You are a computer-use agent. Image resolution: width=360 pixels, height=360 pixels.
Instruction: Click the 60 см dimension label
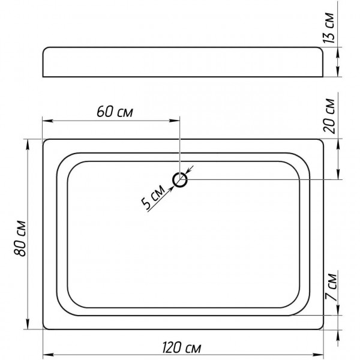click(115, 112)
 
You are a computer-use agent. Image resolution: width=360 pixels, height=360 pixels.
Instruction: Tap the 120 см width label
click(181, 347)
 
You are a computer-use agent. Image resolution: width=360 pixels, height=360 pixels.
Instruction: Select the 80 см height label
click(20, 238)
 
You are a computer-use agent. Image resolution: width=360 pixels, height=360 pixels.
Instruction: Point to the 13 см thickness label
click(329, 28)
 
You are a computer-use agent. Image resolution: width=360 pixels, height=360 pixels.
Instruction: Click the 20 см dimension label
click(329, 116)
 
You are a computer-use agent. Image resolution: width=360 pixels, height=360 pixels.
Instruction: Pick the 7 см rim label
click(331, 287)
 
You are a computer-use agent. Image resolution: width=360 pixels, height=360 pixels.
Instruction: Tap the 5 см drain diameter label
click(153, 197)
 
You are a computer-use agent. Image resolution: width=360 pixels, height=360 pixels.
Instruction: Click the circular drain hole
click(180, 180)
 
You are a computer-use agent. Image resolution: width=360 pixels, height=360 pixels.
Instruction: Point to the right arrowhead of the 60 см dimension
click(174, 121)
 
